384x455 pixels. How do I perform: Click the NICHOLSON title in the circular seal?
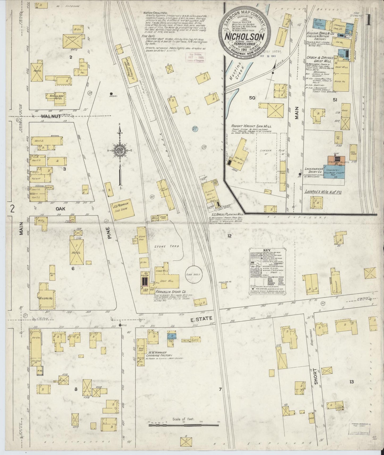(x=244, y=36)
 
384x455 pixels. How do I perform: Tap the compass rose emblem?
(x=120, y=150)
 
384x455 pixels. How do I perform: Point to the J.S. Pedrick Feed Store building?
(x=121, y=209)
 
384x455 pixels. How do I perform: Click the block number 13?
(x=352, y=382)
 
